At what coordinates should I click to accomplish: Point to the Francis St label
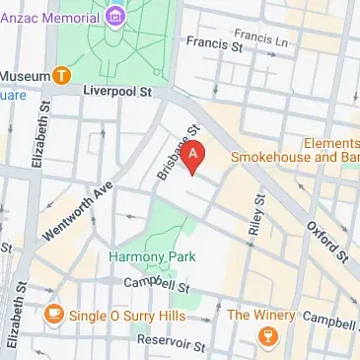pos(214,44)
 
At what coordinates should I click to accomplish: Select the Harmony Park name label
pos(152,256)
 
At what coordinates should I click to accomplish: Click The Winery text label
pos(261,315)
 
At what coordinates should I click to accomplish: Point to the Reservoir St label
pos(172,345)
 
